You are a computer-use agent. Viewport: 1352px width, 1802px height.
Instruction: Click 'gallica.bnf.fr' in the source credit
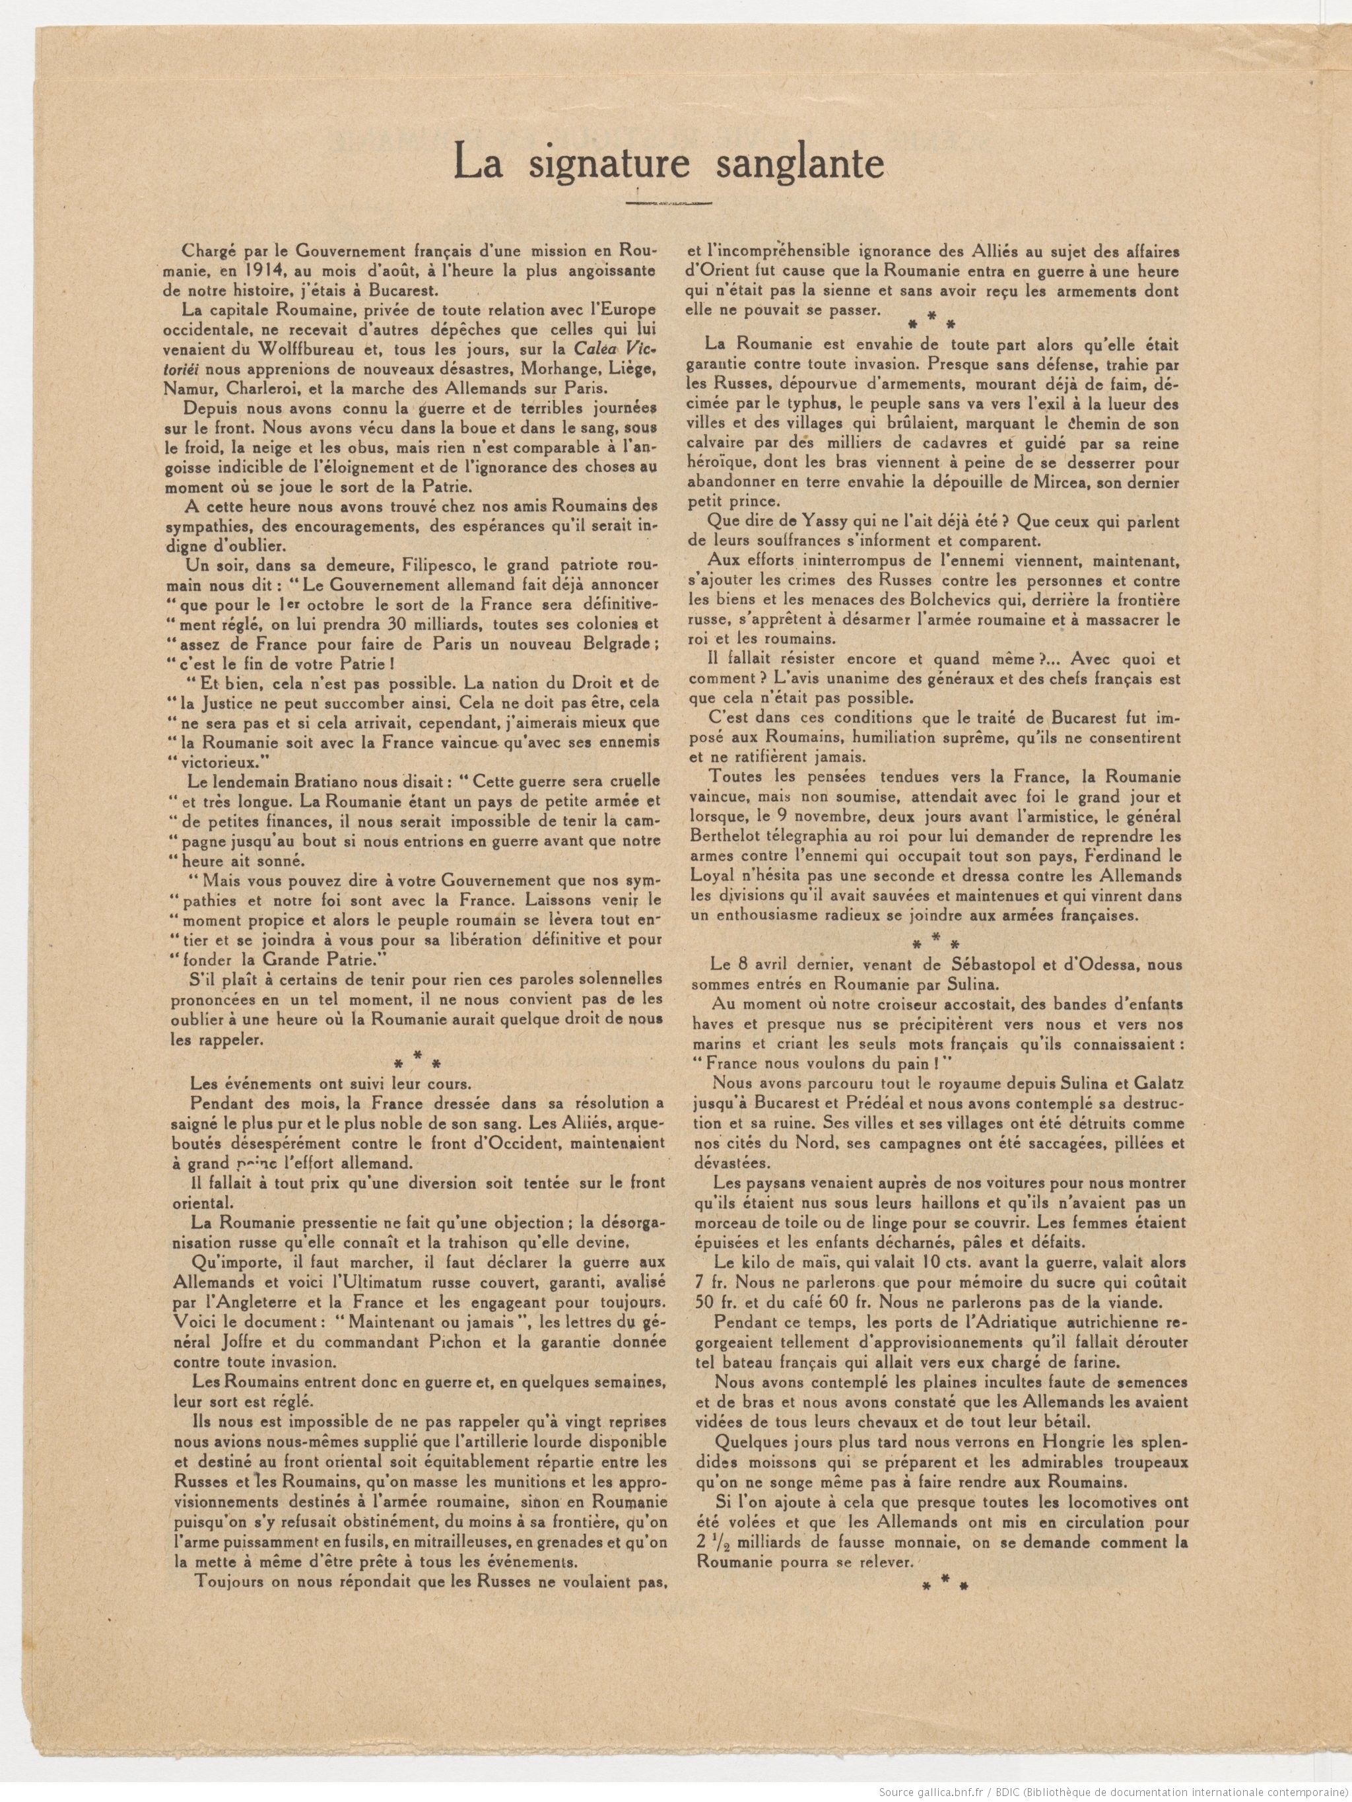(x=945, y=1789)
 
